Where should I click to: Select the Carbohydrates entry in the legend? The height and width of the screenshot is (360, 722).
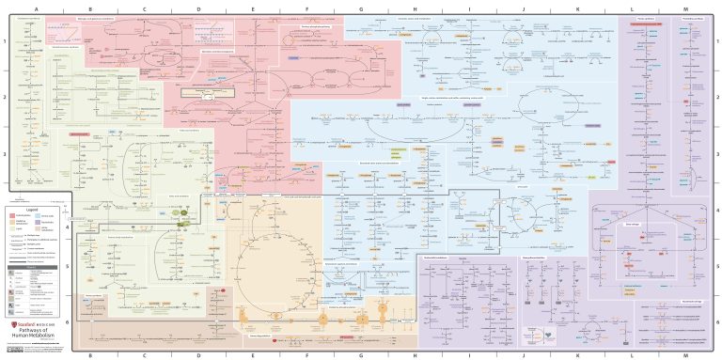[x=22, y=215]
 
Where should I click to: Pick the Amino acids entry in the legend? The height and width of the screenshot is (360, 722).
[x=48, y=215]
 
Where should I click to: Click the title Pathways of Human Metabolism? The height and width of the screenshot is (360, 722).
[x=38, y=331]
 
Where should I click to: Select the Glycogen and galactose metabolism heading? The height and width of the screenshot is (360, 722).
[x=122, y=17]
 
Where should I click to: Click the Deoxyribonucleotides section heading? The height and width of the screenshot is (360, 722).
[x=546, y=254]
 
